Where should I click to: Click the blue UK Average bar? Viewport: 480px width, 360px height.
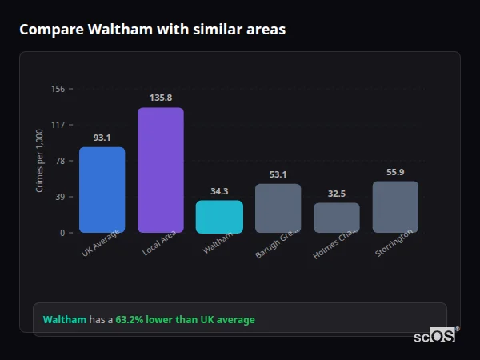(102, 190)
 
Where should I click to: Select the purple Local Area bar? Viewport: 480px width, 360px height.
(161, 170)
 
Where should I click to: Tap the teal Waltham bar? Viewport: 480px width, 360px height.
(219, 216)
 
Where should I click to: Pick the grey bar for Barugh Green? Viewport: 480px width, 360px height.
(278, 208)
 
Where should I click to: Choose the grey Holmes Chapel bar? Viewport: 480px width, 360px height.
(337, 218)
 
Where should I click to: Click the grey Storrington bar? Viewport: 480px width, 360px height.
(395, 206)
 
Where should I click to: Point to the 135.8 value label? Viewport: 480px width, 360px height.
(161, 98)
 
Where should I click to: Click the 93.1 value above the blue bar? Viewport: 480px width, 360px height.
(102, 138)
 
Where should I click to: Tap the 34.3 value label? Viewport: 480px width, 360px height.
(219, 191)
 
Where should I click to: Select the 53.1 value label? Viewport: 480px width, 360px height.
(278, 174)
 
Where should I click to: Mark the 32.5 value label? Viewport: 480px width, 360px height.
(337, 194)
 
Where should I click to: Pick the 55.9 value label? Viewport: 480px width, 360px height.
(395, 172)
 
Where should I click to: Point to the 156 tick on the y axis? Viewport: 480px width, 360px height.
(58, 89)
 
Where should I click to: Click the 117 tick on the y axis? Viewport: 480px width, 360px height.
(58, 125)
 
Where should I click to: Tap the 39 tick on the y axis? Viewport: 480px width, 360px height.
(60, 197)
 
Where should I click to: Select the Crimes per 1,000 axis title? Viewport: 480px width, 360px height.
(40, 161)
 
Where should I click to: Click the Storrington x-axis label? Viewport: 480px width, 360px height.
(394, 243)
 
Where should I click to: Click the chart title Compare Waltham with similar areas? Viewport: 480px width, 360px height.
(152, 30)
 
